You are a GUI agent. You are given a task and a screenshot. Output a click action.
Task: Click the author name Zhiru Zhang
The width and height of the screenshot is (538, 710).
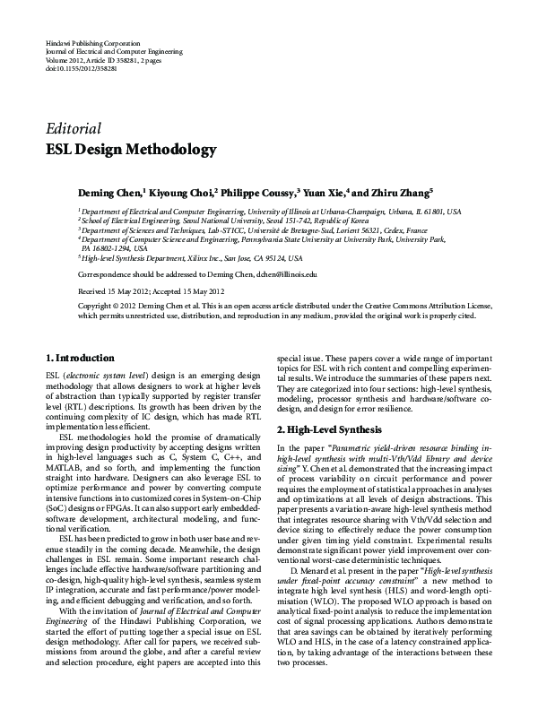401,191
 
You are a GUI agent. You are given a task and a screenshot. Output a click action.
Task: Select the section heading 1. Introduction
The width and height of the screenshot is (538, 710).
79,358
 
